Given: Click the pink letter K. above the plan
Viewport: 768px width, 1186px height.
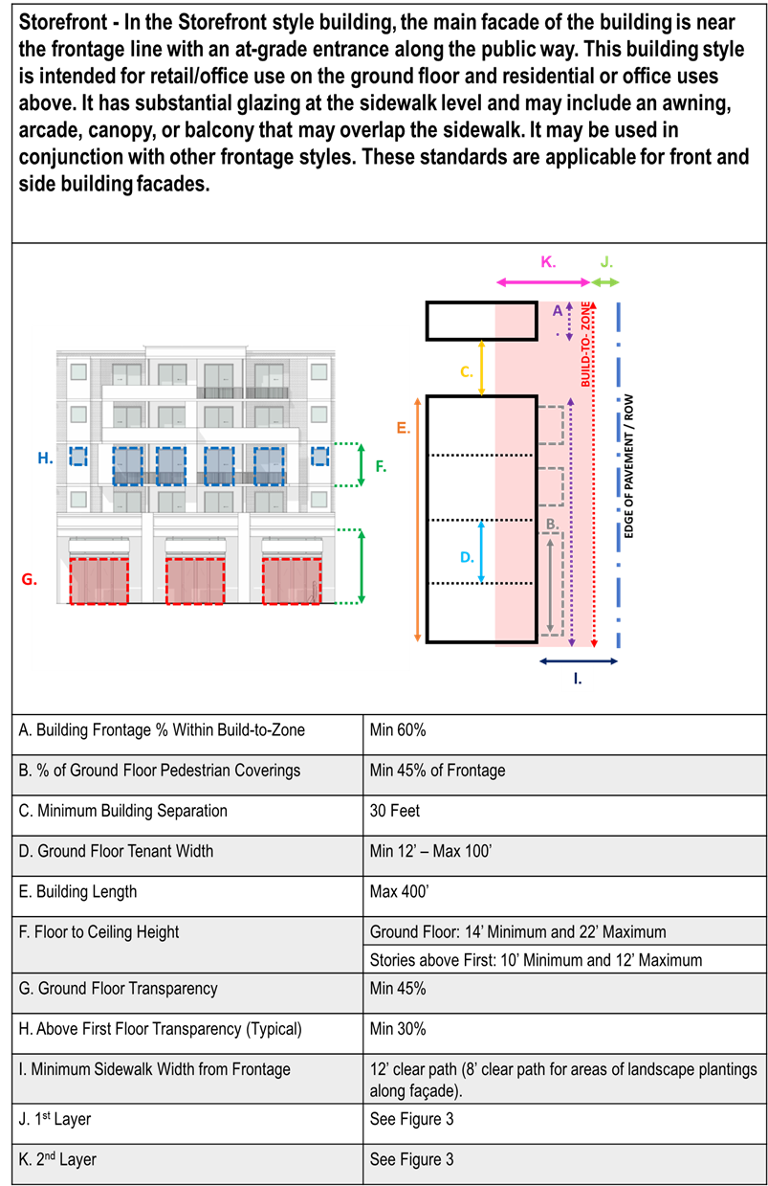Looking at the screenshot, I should [548, 262].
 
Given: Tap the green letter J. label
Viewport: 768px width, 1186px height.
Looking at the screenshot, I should [606, 262].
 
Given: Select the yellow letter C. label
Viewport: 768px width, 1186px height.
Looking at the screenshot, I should [467, 372].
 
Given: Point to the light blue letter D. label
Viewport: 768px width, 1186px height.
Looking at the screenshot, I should [467, 557].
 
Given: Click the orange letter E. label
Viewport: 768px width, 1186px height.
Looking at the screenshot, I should [403, 428].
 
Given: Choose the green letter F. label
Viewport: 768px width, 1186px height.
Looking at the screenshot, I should [381, 466].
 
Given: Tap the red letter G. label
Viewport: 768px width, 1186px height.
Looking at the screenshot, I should [29, 579].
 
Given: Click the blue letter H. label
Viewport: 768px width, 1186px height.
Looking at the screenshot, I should [45, 459].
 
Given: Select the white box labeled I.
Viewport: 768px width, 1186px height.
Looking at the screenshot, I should [577, 679].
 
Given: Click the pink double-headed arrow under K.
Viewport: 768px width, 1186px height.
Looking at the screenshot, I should [543, 282].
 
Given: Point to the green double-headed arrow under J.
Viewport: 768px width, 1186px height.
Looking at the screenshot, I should [604, 282].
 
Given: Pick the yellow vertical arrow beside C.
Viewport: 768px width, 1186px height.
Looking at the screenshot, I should [481, 368].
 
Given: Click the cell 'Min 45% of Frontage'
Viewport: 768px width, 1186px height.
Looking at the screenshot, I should [563, 775].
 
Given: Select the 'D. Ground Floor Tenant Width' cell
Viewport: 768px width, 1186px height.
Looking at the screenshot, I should [187, 856].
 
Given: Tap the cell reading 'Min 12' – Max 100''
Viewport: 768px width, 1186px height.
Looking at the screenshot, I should [563, 856].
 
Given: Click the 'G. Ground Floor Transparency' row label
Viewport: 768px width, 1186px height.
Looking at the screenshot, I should [187, 994].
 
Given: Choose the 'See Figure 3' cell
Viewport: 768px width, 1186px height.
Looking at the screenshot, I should [563, 1164].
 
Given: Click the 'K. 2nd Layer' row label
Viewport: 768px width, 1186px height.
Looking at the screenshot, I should [187, 1164].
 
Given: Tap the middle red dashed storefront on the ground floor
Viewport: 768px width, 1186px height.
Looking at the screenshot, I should [195, 582].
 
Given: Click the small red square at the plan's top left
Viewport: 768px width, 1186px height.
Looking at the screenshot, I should [514, 321].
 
